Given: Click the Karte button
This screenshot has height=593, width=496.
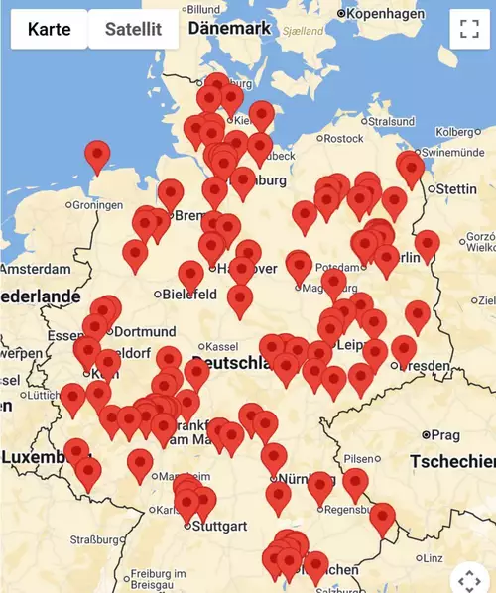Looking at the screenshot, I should [x=50, y=29].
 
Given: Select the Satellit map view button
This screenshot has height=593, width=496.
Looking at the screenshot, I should [x=133, y=29].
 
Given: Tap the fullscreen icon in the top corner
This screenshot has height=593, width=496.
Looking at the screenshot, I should [x=470, y=29].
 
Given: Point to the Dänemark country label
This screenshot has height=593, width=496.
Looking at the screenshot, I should [x=228, y=29].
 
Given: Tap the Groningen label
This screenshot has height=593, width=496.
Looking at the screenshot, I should [x=102, y=205].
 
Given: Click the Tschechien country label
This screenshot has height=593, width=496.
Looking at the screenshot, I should [x=451, y=462].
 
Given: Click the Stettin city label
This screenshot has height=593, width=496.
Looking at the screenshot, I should [x=456, y=188].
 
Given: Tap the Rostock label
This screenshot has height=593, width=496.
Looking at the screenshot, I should [x=343, y=139].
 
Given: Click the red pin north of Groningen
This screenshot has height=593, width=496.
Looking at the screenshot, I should [x=96, y=156].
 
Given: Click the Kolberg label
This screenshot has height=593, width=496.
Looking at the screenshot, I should [x=456, y=132].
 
